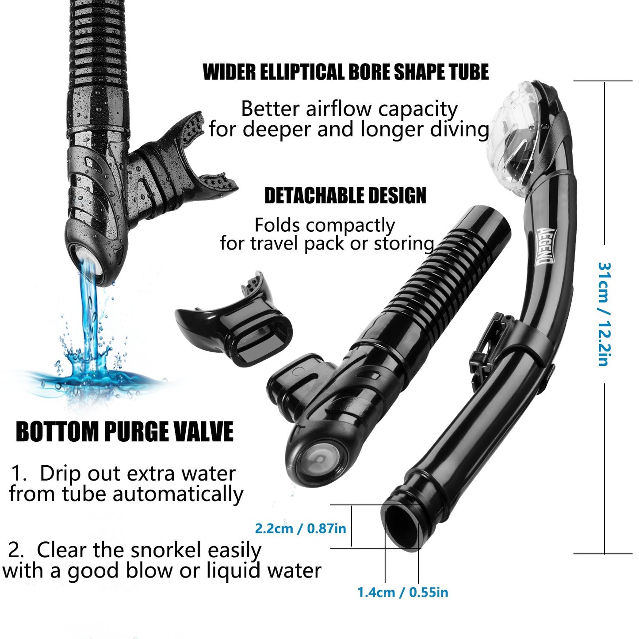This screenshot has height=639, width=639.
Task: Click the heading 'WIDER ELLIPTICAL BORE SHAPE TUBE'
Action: pyautogui.click(x=345, y=73)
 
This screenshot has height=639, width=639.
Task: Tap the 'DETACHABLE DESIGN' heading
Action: pyautogui.click(x=345, y=196)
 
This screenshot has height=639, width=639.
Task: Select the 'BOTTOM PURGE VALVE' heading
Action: pyautogui.click(x=124, y=432)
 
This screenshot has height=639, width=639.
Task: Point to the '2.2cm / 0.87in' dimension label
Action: pyautogui.click(x=300, y=528)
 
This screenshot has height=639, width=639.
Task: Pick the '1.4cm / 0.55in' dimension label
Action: pyautogui.click(x=402, y=592)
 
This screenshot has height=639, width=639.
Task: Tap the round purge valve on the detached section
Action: pyautogui.click(x=319, y=459)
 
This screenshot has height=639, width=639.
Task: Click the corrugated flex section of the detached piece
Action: pyautogui.click(x=425, y=283)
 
